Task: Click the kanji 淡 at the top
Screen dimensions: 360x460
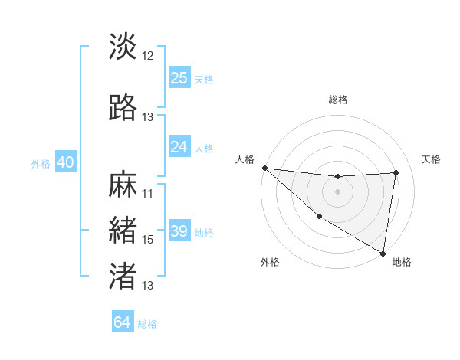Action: tap(123, 46)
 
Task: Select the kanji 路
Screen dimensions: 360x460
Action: tap(123, 108)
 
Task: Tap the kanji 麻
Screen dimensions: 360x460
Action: tap(123, 185)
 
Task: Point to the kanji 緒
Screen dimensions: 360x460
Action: tap(123, 231)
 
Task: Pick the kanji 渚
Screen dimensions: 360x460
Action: tap(123, 276)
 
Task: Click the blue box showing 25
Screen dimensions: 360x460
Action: tap(179, 78)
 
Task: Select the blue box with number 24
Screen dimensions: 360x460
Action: tap(179, 147)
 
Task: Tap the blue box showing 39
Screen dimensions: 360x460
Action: tap(179, 231)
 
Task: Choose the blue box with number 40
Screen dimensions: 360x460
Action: tap(65, 162)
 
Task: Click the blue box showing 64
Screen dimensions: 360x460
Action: tap(123, 322)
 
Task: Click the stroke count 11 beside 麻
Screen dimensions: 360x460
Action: tap(148, 193)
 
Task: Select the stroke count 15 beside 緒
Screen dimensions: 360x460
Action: tap(148, 239)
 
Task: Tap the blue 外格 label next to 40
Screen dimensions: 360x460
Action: tap(40, 164)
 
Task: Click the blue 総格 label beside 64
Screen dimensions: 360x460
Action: tap(147, 324)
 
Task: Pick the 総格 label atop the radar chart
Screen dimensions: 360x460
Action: tap(337, 100)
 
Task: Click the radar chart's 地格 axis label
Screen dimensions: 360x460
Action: tap(402, 262)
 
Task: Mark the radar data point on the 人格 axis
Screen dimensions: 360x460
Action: tap(264, 168)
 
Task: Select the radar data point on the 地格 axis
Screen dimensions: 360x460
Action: tap(383, 253)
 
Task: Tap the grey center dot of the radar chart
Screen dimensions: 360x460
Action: tap(337, 191)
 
